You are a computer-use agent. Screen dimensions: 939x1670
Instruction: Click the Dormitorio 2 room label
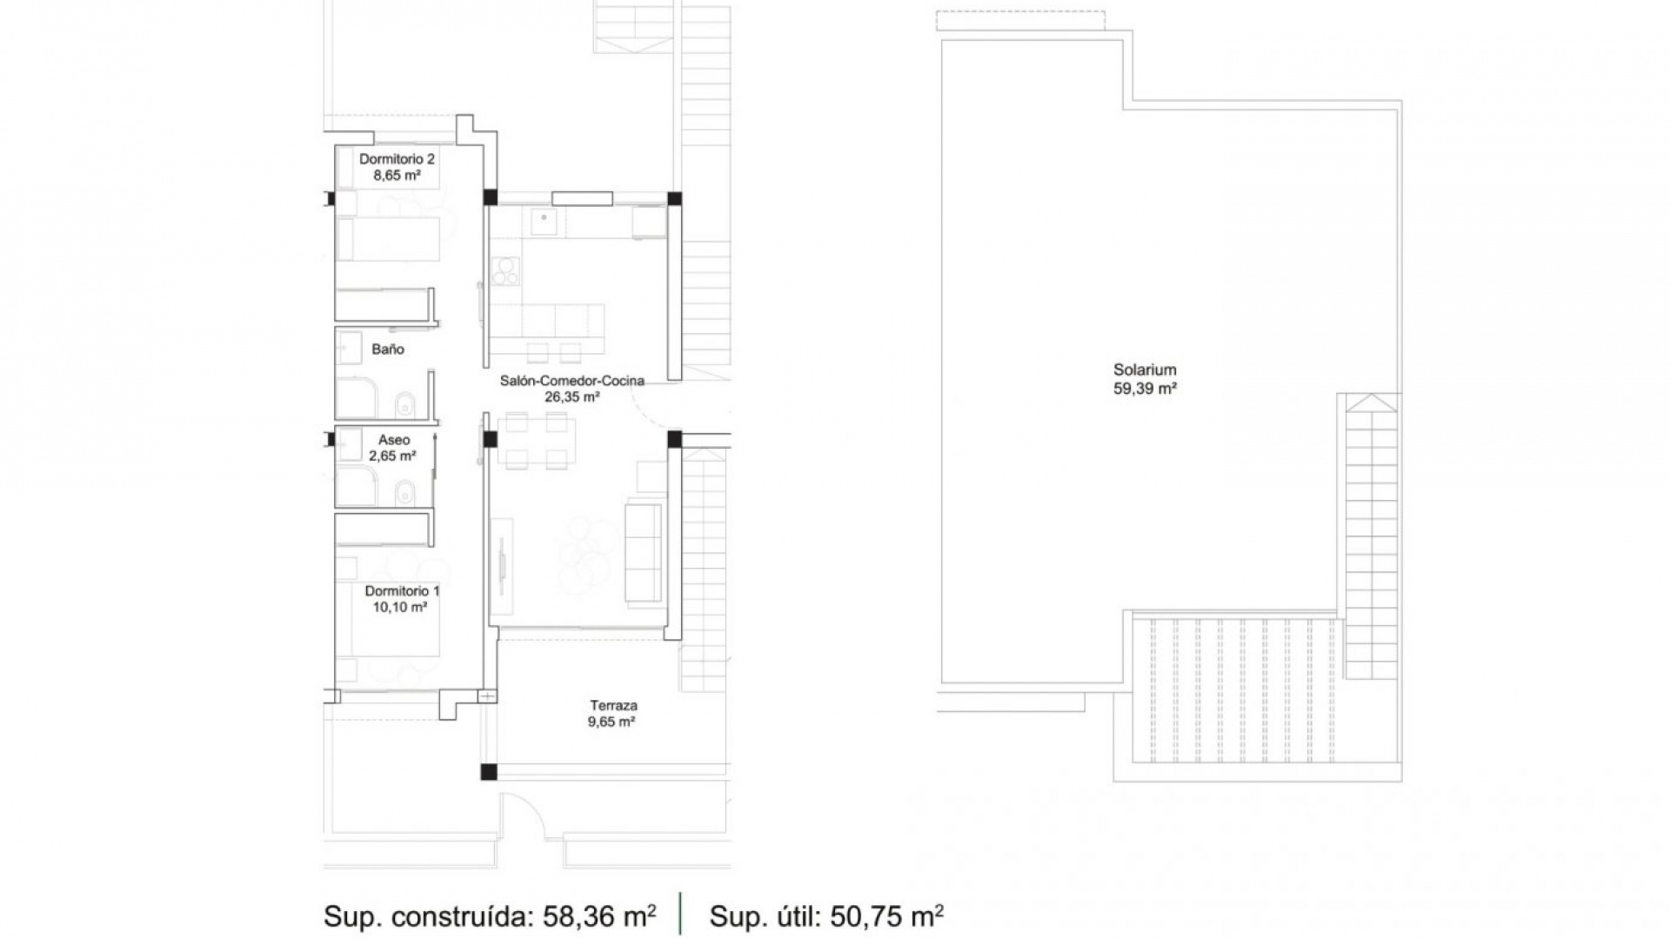point(397,159)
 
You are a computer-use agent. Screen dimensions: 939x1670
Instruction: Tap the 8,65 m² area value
point(397,176)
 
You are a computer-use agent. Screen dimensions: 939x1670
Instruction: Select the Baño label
point(388,350)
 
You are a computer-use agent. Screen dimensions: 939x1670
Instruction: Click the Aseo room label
point(394,440)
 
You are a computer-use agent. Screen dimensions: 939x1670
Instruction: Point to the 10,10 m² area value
point(400,607)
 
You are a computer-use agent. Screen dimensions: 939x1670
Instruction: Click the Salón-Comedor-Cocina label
point(571,381)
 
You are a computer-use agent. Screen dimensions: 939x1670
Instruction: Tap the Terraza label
point(613,706)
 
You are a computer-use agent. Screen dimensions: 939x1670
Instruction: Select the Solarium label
point(1145,370)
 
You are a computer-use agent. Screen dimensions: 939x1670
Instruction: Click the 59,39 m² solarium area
point(1145,389)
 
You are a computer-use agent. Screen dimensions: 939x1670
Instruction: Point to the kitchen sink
point(544,222)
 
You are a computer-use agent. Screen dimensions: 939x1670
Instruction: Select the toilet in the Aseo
point(404,496)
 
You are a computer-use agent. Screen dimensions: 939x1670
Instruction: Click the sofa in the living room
point(644,551)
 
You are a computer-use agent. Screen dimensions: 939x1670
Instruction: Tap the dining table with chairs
point(538,442)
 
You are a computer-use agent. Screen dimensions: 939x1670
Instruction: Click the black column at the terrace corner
point(489,771)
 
